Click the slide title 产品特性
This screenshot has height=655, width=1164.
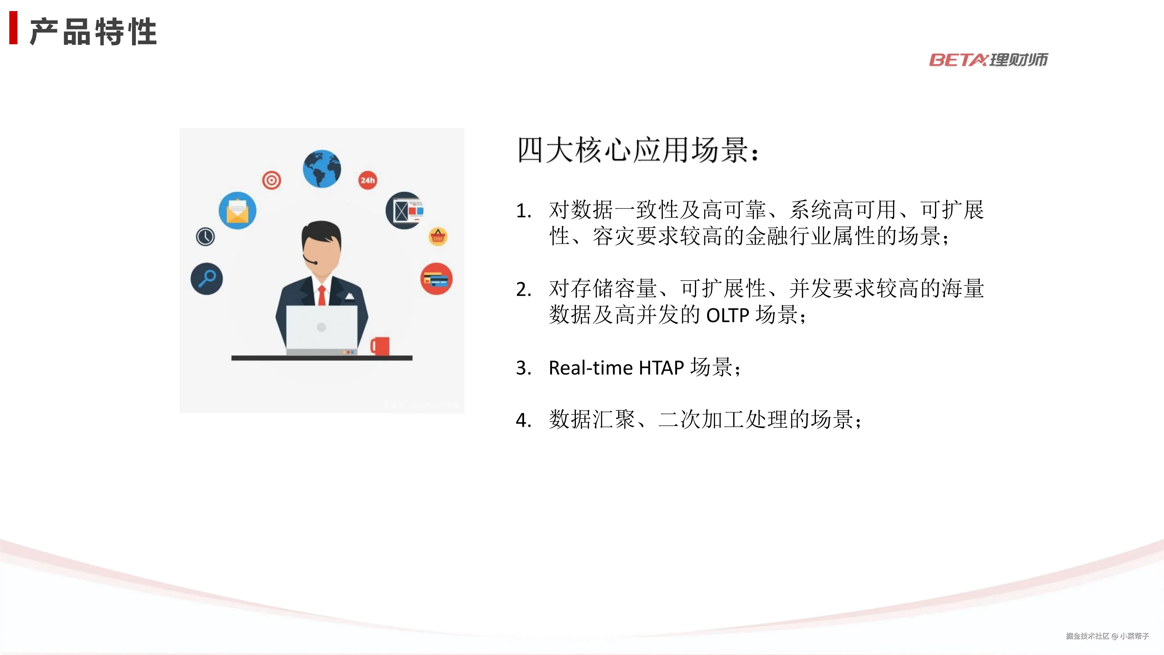[93, 32]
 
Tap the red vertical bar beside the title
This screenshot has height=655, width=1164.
[14, 28]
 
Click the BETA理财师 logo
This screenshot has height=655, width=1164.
[988, 60]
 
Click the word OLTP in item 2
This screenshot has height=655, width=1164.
[727, 315]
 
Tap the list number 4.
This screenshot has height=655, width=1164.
[523, 420]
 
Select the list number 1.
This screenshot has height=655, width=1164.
[523, 211]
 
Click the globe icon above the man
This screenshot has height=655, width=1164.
[322, 169]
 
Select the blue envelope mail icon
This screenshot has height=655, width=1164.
[237, 211]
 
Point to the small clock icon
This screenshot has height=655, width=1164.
[205, 236]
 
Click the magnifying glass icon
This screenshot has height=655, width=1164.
[207, 279]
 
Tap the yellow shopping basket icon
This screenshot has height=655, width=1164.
[438, 236]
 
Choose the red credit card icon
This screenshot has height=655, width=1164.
[436, 279]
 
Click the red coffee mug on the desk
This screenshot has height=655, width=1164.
[380, 346]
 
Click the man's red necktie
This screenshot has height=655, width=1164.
[322, 295]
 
